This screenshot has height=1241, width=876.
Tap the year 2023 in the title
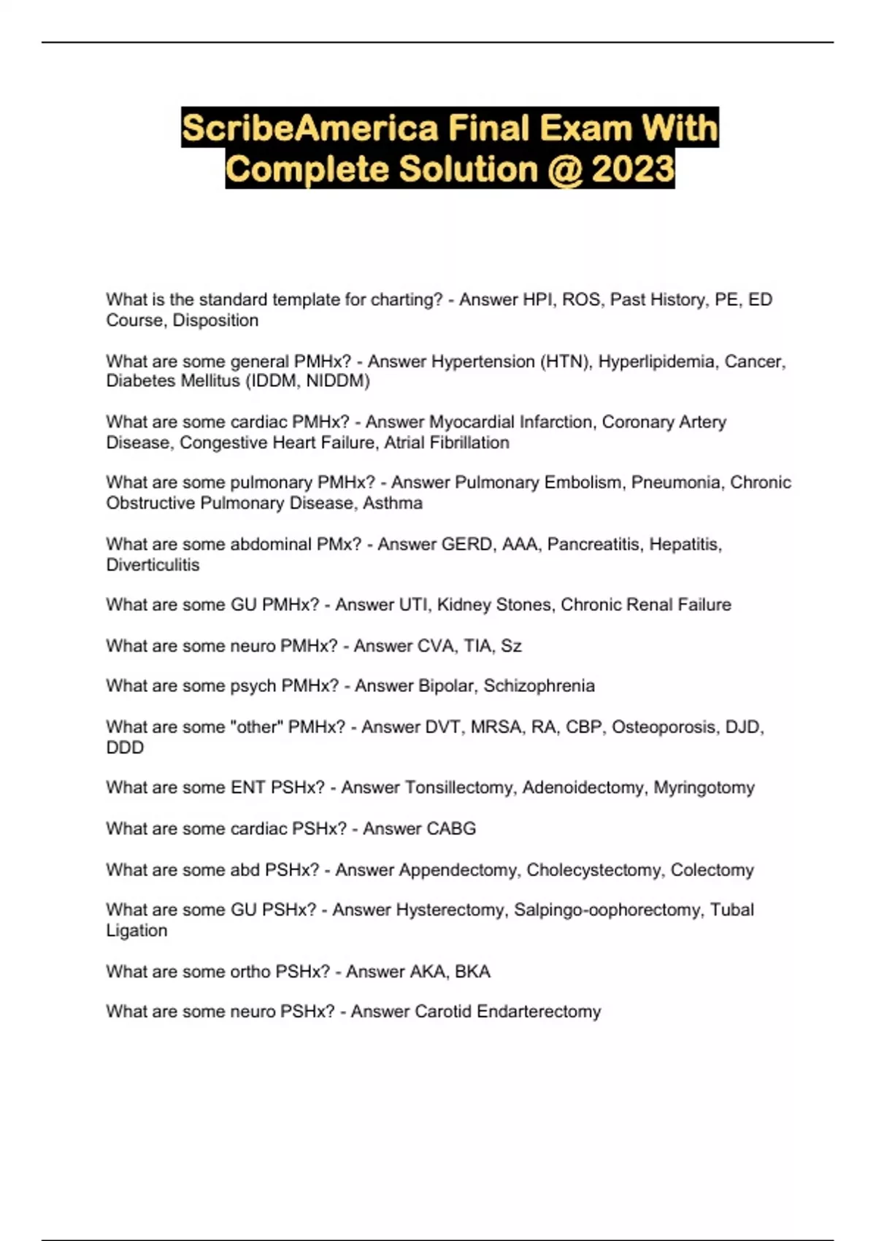(x=633, y=169)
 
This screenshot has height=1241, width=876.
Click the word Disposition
(x=215, y=320)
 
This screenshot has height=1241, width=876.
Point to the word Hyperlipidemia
(x=656, y=361)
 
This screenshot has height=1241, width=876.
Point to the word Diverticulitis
(x=153, y=564)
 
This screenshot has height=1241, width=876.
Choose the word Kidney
(x=468, y=604)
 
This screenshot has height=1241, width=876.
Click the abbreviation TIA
(x=478, y=645)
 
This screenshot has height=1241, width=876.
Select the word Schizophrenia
(x=539, y=685)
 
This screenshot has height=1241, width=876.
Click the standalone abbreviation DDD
(x=125, y=748)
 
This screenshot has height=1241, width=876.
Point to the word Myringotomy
(x=704, y=788)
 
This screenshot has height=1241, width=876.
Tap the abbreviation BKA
(x=472, y=971)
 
